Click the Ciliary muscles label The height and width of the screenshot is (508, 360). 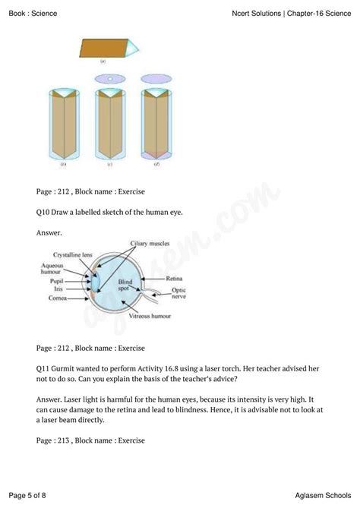[x=150, y=243]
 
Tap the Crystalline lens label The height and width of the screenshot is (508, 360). [x=73, y=255]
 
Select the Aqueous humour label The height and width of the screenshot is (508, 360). [x=52, y=269]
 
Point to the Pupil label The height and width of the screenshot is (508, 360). [x=56, y=281]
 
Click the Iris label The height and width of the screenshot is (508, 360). [x=58, y=289]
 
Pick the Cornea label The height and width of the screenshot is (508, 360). [x=58, y=298]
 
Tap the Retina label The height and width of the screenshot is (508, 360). [x=174, y=278]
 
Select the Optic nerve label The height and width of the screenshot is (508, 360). [x=179, y=293]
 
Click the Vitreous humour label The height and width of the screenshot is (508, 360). [x=150, y=316]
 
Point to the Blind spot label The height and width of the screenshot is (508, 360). [x=125, y=285]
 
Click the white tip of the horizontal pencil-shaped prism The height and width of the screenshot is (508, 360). [x=133, y=49]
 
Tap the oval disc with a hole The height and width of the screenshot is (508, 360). [x=110, y=79]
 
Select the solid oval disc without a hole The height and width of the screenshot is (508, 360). [x=156, y=79]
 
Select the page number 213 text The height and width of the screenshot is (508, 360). [x=64, y=440]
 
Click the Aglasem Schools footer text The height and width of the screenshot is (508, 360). [x=323, y=495]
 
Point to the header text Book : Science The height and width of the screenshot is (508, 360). [x=33, y=13]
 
